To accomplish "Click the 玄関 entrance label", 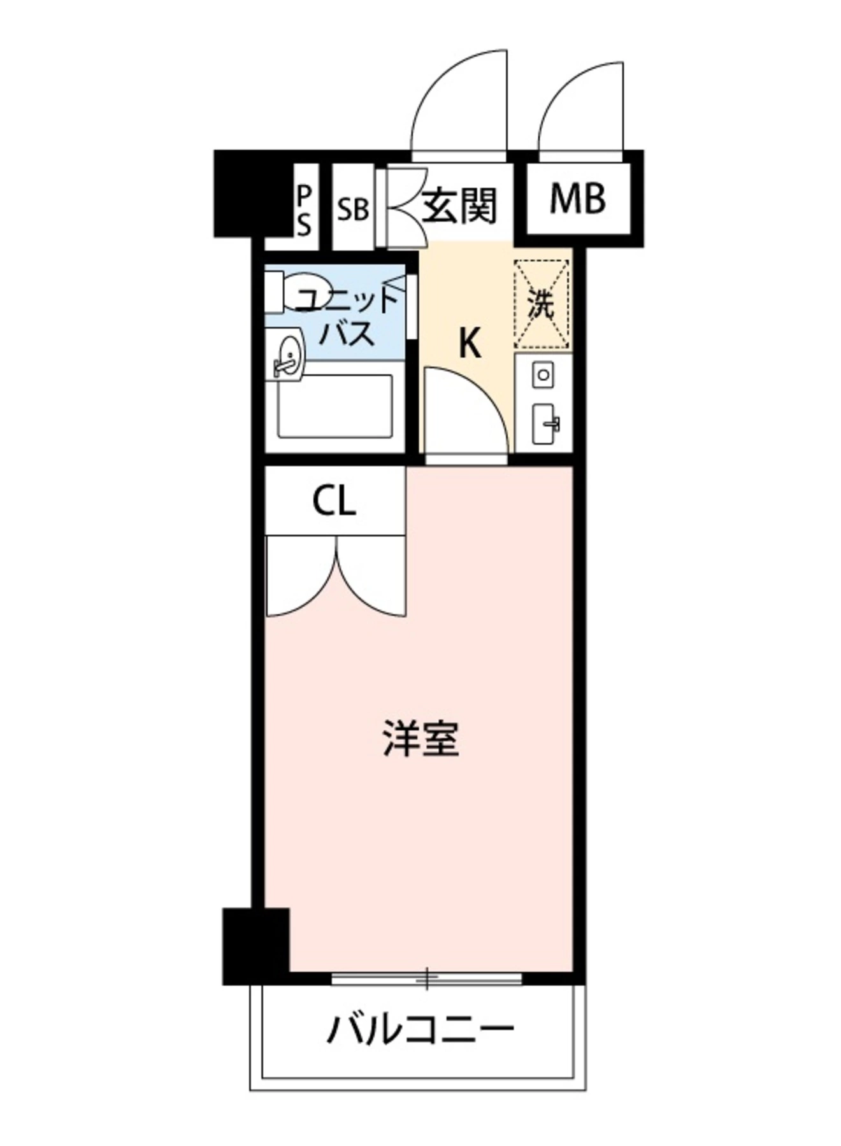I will point(459,207).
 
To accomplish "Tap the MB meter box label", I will point(577,199).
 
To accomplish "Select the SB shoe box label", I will point(353,209).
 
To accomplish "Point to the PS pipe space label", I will point(304,210).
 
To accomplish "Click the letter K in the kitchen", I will point(470,344).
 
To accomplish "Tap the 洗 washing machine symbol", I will point(542,304).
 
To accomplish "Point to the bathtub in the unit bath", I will point(335,406).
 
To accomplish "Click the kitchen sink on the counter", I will point(545,423).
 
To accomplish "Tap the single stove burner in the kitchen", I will point(543,374).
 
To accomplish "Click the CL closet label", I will point(334,503).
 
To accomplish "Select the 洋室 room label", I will point(421,739).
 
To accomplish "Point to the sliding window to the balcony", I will point(426,978).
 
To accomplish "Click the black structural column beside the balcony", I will point(255,945).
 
